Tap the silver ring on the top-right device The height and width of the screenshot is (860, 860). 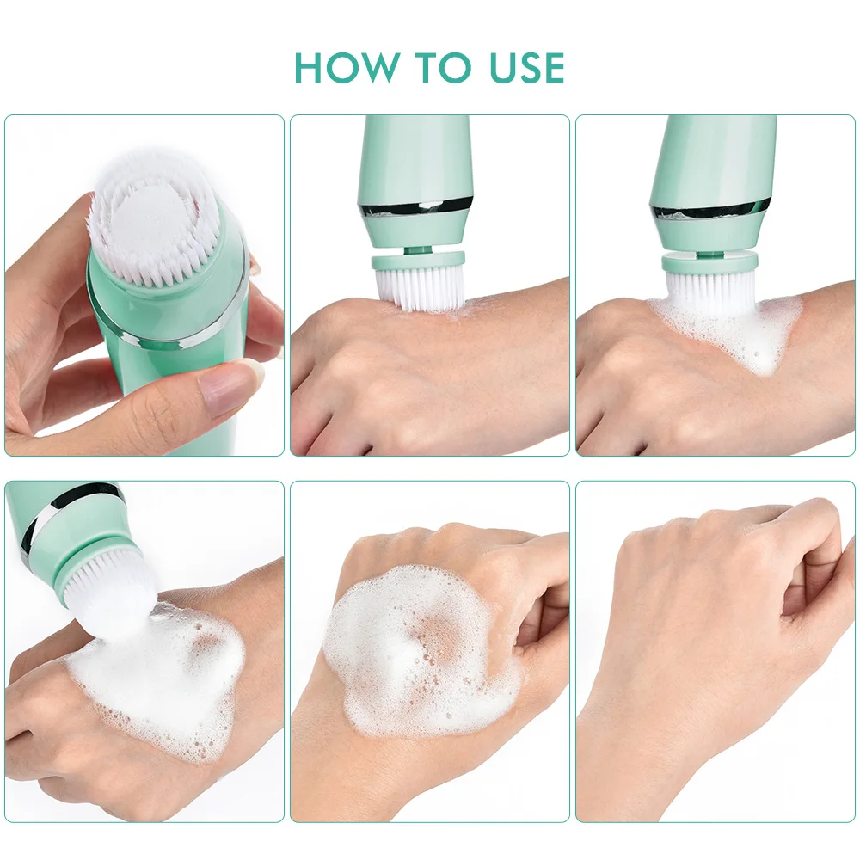click(710, 209)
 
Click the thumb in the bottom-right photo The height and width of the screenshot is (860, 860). click(817, 602)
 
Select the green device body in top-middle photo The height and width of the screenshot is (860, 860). click(415, 155)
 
